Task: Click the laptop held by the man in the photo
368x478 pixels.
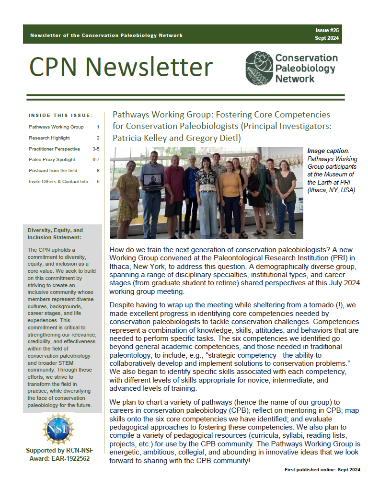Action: coord(149,185)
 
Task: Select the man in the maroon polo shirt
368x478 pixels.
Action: coord(173,192)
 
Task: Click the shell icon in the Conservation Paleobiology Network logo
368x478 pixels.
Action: coord(259,69)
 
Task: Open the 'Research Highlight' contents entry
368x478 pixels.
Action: coord(49,138)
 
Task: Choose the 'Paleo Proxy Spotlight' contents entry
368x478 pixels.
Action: coord(52,160)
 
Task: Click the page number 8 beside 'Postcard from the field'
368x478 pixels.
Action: coord(98,171)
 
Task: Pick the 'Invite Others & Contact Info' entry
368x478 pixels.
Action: coord(58,182)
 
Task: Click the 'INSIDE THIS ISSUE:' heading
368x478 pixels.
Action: coord(60,116)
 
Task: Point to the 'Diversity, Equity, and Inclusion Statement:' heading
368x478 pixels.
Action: coord(55,233)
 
